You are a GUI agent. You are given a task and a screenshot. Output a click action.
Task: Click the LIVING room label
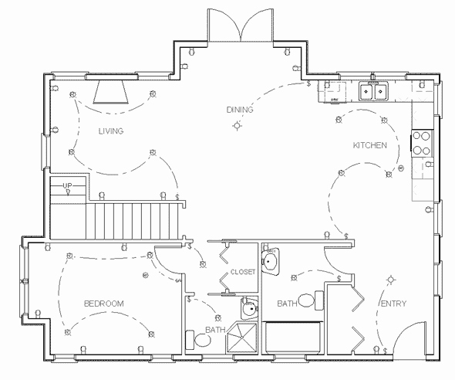[x=111, y=131]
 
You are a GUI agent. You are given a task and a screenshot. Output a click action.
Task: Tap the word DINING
[x=239, y=110]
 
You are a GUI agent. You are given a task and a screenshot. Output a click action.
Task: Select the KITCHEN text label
[x=369, y=145]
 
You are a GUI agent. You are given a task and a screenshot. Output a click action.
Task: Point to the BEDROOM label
[x=103, y=304]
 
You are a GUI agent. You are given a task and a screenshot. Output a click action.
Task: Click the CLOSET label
[x=243, y=272]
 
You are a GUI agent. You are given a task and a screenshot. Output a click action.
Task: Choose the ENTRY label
[x=393, y=304]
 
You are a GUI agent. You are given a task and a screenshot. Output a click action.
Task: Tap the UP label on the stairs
[x=67, y=186]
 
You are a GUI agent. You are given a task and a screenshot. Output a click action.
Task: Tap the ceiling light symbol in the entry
[x=391, y=280]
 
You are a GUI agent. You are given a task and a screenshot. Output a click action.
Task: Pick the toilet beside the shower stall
[x=191, y=339]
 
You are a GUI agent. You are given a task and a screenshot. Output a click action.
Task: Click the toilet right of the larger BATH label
[x=305, y=300]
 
